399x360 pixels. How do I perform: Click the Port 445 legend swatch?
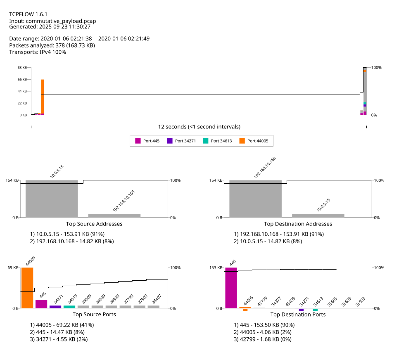138,141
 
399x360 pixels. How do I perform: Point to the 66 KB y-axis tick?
22,79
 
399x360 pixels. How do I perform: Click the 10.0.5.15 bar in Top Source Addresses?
52,199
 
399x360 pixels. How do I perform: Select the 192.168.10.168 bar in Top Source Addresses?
114,215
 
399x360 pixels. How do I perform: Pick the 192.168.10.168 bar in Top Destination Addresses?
255,199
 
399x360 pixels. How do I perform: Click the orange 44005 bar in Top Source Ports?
27,288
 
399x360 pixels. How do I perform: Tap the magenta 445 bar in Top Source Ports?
41,303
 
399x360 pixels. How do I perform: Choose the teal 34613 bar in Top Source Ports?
69,307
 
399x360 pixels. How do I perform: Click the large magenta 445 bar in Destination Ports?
231,288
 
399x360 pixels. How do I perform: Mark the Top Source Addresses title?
97,224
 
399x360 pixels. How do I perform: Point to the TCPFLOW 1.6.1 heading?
28,14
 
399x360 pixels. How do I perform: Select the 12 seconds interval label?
199,127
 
